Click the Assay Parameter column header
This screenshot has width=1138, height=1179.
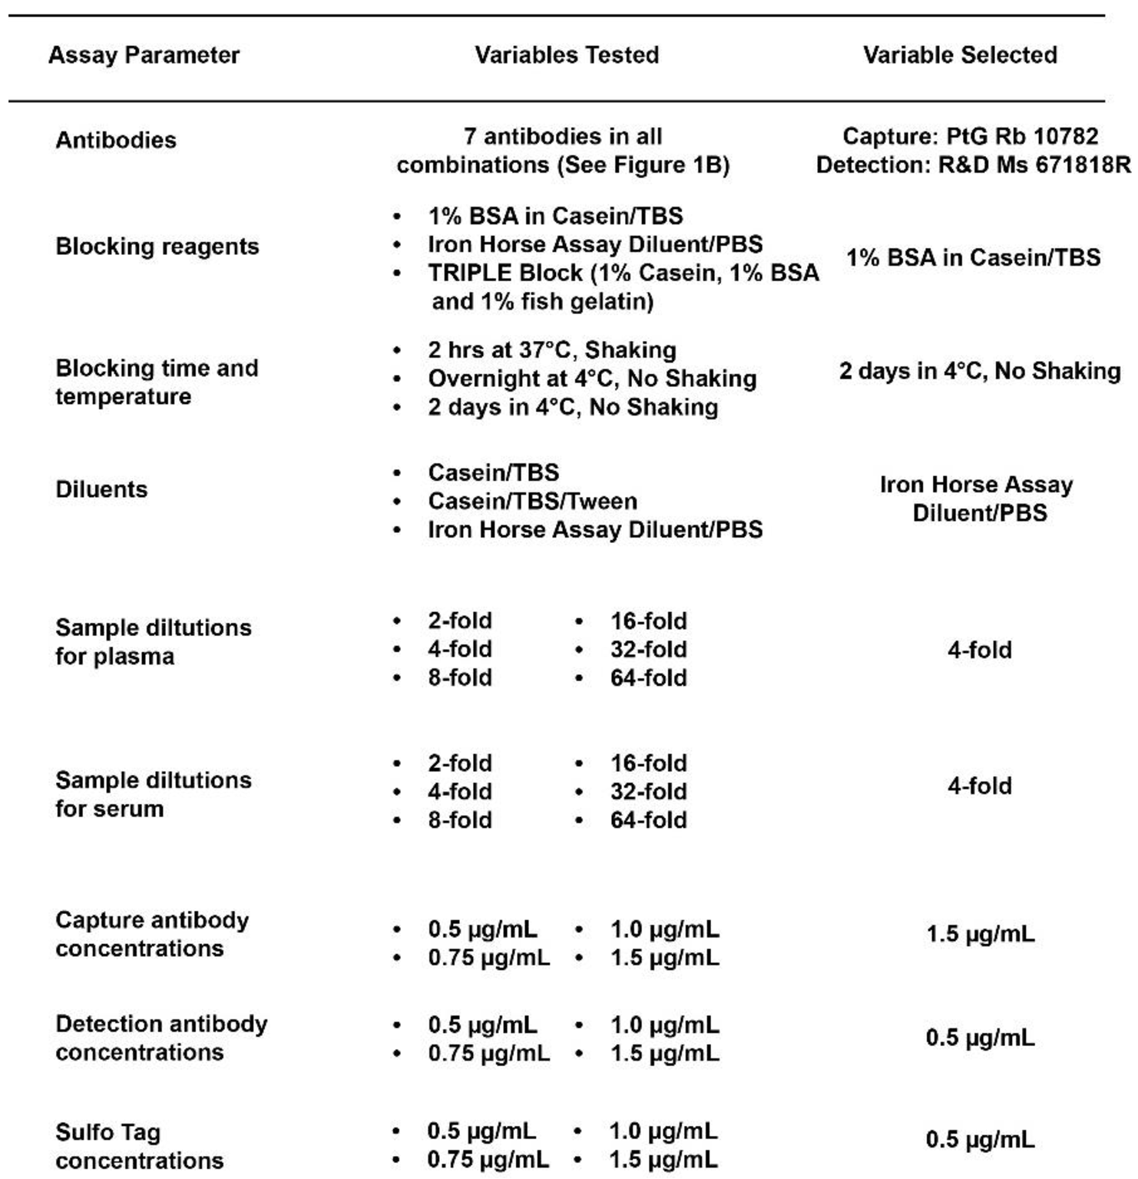point(144,55)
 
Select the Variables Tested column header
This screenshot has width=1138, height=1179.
point(567,55)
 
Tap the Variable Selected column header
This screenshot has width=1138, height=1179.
point(960,55)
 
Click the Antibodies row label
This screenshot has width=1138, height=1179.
point(116,141)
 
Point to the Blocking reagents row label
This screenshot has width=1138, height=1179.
point(157,247)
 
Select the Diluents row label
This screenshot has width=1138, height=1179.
point(101,489)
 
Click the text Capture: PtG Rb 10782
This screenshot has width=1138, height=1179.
point(971,137)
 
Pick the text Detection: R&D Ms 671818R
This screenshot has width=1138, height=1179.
point(973,165)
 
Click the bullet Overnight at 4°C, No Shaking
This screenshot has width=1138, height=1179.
point(592,379)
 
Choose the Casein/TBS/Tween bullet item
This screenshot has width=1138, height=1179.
point(532,502)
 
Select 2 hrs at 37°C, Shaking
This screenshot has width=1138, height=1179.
point(552,350)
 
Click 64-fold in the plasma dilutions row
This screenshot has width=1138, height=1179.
point(648,678)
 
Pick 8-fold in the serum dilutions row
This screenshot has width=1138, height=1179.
point(460,820)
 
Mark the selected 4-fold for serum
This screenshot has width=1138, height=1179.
point(980,786)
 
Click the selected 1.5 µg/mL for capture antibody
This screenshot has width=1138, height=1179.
point(981,934)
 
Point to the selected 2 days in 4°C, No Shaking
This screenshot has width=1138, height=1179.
point(980,371)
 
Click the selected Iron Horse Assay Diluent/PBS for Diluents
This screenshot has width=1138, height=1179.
point(977,498)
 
